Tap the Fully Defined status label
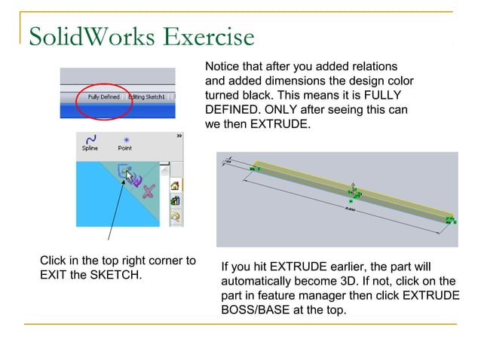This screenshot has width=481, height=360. coord(104,97)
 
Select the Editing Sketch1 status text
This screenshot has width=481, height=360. coord(150,97)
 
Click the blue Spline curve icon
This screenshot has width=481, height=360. coord(90,139)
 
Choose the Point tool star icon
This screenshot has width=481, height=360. coord(125,139)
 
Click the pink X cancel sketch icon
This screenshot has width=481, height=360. coord(149,191)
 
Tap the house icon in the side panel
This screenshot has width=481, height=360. coord(176,185)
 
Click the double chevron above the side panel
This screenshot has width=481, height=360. coord(179,136)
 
